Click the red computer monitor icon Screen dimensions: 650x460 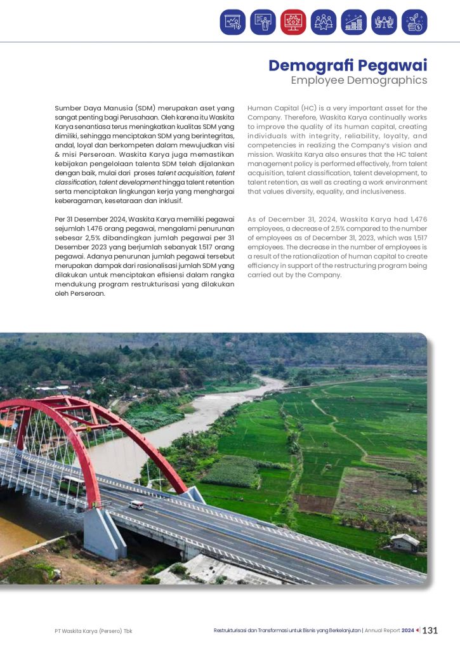[x=293, y=22]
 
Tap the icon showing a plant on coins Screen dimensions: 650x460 [x=414, y=22]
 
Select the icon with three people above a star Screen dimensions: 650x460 [x=324, y=22]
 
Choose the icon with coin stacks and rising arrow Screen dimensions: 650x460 [x=353, y=22]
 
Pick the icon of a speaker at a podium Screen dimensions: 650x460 [x=263, y=22]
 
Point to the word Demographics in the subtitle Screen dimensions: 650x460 [x=386, y=81]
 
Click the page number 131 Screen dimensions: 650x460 [x=430, y=630]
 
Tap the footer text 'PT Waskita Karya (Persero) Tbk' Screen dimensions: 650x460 [x=93, y=631]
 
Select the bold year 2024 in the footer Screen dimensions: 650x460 [x=407, y=630]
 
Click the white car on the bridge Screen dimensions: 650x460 [x=136, y=505]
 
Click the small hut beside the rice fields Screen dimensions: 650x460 [x=404, y=542]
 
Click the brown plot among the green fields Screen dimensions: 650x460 [x=315, y=502]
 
